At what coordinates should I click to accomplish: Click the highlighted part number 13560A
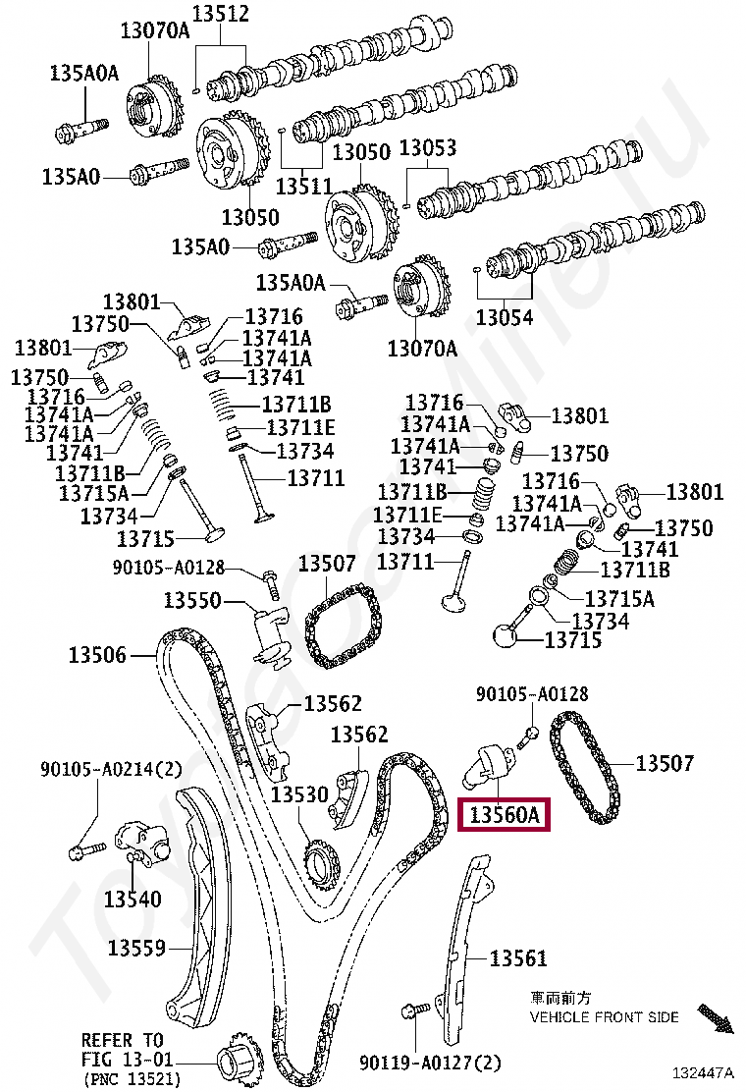(x=504, y=814)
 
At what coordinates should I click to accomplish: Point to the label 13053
(x=428, y=148)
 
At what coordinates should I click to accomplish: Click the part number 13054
(x=505, y=317)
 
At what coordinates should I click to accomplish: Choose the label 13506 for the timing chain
(x=97, y=654)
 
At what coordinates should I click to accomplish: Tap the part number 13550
(x=191, y=600)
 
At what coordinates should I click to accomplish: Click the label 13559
(x=136, y=948)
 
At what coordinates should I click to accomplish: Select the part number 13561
(x=517, y=957)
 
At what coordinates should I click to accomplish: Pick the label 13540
(x=133, y=898)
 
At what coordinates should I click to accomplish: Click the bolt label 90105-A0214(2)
(x=97, y=769)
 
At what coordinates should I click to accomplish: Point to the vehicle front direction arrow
(x=715, y=1017)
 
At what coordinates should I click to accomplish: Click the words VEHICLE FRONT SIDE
(x=604, y=1017)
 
